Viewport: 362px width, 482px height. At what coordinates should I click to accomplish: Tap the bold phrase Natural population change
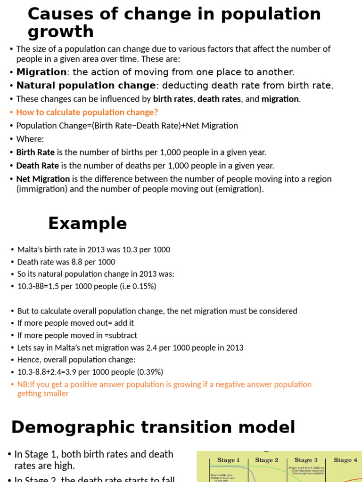click(86, 85)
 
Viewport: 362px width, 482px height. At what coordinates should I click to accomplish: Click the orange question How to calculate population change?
click(87, 112)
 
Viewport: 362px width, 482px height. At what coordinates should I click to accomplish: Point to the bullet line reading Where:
click(30, 139)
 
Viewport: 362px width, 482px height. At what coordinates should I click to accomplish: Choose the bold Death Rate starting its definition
click(37, 166)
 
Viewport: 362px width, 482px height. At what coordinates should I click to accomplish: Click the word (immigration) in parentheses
click(40, 189)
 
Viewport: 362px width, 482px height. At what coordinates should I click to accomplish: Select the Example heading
click(87, 223)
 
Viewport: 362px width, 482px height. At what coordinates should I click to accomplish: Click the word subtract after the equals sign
click(123, 335)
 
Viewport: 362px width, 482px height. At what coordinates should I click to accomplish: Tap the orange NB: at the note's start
click(24, 384)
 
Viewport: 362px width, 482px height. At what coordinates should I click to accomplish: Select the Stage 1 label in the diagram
click(228, 460)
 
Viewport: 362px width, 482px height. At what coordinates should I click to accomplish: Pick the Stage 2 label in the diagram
click(267, 460)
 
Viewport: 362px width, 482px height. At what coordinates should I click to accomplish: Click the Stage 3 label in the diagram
click(306, 460)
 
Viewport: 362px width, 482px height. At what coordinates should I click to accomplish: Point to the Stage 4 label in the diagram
click(345, 460)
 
